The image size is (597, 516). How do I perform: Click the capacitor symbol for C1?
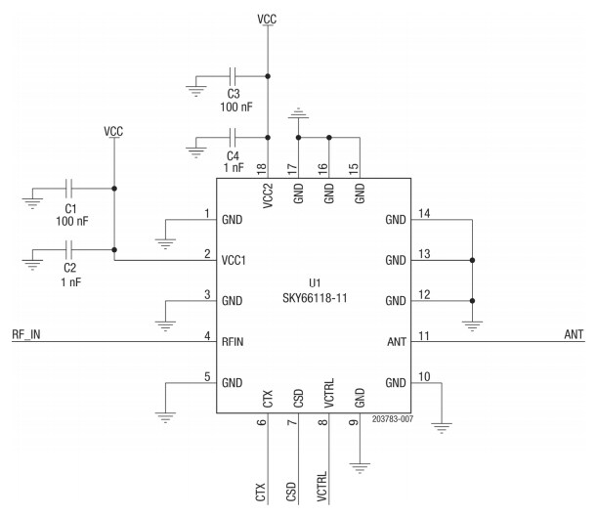click(70, 189)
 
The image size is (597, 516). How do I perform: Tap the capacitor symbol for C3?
click(233, 74)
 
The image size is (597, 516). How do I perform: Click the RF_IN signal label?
click(26, 334)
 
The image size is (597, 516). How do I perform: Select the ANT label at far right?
click(574, 334)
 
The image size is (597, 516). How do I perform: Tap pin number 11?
click(424, 334)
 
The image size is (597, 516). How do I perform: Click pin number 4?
click(206, 334)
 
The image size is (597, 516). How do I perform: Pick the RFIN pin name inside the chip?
click(234, 341)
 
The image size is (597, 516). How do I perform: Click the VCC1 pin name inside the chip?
click(235, 261)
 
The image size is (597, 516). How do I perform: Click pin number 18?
click(262, 168)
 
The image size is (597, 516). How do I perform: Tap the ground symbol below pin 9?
click(361, 467)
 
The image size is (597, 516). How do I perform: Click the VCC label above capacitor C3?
click(267, 19)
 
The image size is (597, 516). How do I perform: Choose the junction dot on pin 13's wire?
click(472, 261)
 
